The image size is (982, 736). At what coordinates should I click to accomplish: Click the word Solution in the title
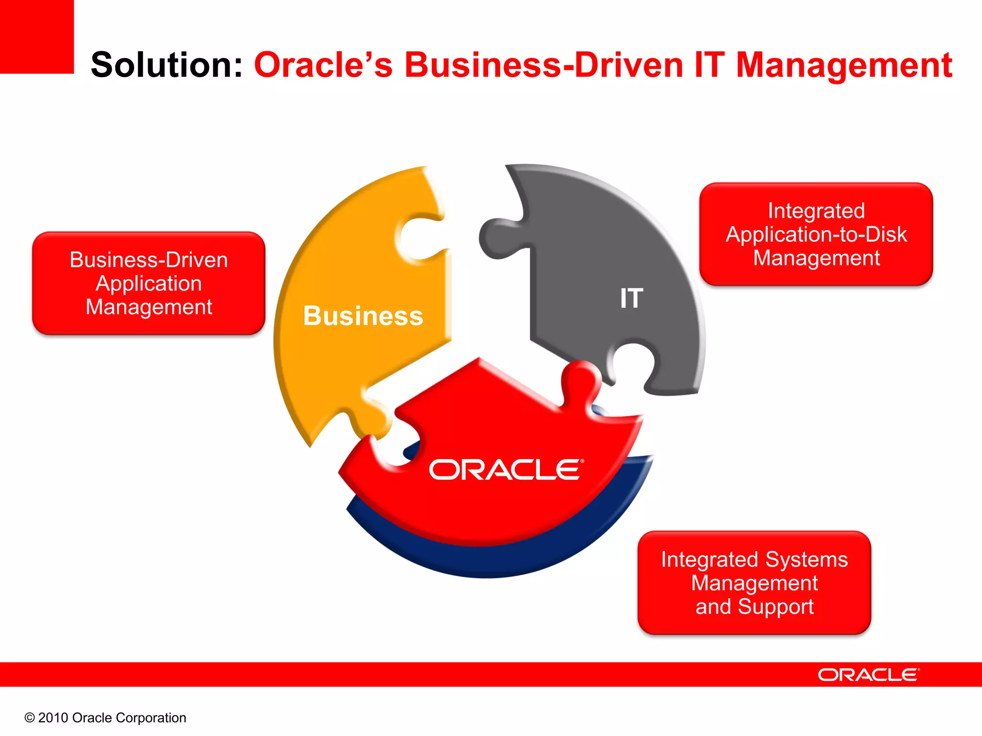coord(165,65)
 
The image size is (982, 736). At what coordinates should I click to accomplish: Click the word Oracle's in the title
coord(323,65)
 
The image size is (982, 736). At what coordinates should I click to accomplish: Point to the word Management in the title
coord(844,66)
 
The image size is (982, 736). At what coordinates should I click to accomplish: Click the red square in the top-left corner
coord(36,36)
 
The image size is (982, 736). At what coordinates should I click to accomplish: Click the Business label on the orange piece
coord(363,316)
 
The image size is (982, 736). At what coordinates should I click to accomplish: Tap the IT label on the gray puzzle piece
coord(631,298)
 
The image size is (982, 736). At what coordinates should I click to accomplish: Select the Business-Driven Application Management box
coord(149,283)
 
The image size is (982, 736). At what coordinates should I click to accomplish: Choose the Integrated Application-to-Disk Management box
coord(816,234)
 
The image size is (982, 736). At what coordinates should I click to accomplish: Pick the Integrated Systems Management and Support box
coord(754,583)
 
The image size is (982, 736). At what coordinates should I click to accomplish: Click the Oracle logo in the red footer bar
coord(868,675)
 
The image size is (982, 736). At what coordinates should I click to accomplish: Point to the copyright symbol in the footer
coord(30,718)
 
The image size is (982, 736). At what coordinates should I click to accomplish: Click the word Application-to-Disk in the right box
coord(816,234)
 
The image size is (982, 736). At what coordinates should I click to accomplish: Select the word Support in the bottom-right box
coord(775,607)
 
